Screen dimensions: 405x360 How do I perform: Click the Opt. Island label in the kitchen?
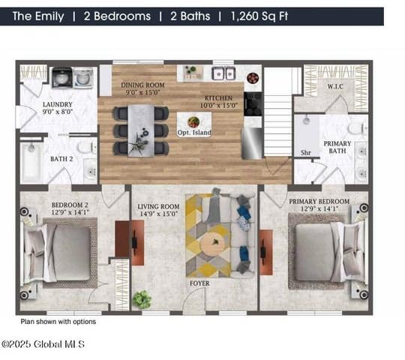click(x=194, y=133)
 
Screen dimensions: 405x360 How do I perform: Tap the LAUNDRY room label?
click(x=57, y=104)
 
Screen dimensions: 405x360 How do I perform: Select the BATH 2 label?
click(x=61, y=159)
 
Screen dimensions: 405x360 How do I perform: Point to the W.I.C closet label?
click(x=335, y=86)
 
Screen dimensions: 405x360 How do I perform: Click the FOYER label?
click(x=199, y=283)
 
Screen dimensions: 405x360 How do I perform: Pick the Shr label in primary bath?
click(x=305, y=153)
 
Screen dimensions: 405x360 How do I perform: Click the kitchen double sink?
click(x=223, y=73)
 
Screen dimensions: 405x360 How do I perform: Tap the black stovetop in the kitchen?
click(x=253, y=104)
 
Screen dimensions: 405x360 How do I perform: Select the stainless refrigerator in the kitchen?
click(x=252, y=143)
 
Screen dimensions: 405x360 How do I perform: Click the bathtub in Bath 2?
click(x=31, y=162)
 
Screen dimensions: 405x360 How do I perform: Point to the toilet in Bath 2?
click(x=87, y=148)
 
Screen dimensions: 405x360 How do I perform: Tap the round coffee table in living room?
click(x=213, y=243)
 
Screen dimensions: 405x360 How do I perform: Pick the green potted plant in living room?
click(x=142, y=299)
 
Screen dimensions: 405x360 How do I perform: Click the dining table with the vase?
click(x=141, y=130)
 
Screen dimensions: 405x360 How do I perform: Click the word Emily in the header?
click(x=49, y=16)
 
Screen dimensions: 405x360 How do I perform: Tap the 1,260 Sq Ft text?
click(x=259, y=16)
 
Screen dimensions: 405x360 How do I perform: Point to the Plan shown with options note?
click(x=58, y=322)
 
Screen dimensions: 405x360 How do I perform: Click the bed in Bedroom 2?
click(x=57, y=253)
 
